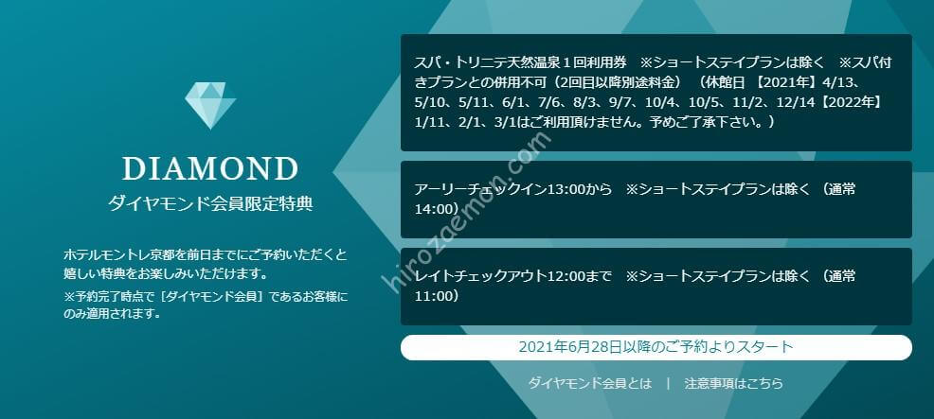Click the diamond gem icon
(x=210, y=105)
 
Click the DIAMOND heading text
(x=210, y=169)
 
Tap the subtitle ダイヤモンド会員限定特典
(x=210, y=204)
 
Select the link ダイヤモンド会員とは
(x=590, y=383)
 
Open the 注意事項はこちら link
(x=734, y=383)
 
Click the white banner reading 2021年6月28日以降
(x=656, y=347)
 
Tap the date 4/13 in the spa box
(x=828, y=82)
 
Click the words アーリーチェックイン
(x=476, y=189)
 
